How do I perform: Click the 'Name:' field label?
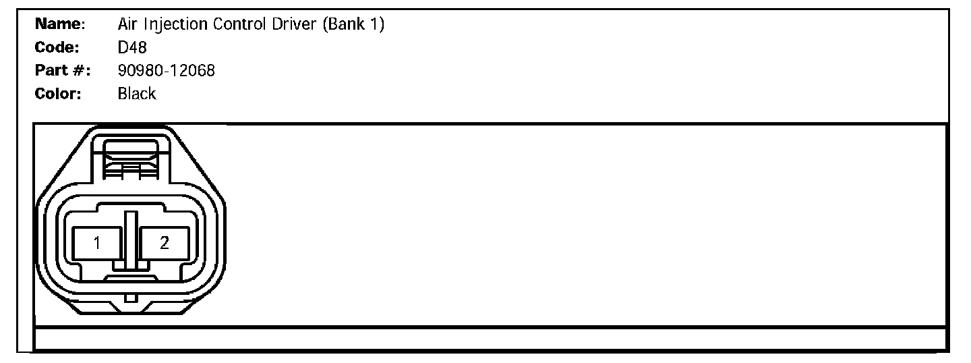(x=60, y=25)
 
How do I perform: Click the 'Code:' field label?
(x=57, y=48)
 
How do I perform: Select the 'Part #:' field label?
(x=63, y=70)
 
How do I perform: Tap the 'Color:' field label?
(x=58, y=94)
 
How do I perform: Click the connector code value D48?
(x=131, y=48)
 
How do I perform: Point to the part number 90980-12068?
(x=166, y=70)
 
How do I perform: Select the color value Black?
(x=136, y=94)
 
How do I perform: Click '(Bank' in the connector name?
(x=344, y=25)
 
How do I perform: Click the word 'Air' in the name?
(x=127, y=25)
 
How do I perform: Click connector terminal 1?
(x=97, y=244)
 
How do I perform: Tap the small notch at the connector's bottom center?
(x=131, y=298)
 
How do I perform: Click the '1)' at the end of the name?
(x=378, y=25)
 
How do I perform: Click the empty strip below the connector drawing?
(x=491, y=339)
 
